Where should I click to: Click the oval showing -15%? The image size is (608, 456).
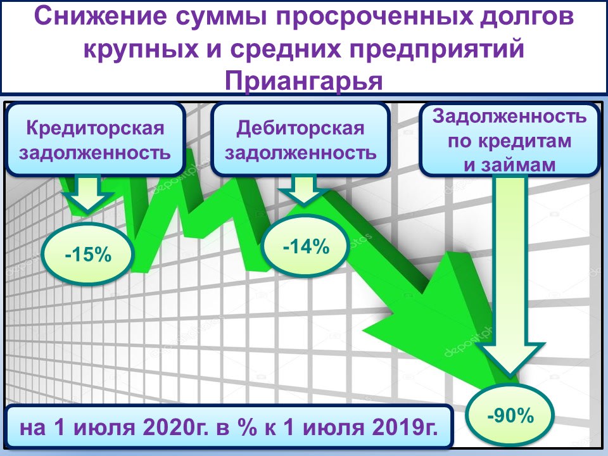[87, 254]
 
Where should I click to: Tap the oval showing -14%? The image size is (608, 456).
[306, 246]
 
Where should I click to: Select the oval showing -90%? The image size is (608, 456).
[510, 415]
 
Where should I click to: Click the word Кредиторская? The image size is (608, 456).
[96, 129]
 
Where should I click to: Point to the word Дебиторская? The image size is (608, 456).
[300, 129]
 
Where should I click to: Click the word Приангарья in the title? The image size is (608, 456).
[303, 81]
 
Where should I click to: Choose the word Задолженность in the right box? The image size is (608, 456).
[509, 117]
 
